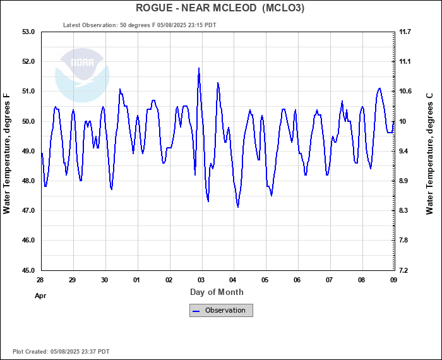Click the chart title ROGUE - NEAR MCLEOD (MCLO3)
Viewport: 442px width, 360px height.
[x=220, y=8]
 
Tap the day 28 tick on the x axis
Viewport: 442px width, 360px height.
[x=40, y=280]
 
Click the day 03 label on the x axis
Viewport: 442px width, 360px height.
[x=201, y=280]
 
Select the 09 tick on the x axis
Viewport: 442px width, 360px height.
[x=393, y=280]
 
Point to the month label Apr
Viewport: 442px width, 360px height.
[x=40, y=295]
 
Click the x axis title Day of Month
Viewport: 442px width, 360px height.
[x=217, y=292]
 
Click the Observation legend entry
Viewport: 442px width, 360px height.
[x=221, y=310]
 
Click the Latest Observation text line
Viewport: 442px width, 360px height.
[x=140, y=25]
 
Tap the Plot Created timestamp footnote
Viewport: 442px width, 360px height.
[x=61, y=351]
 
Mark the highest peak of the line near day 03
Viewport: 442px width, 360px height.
[x=199, y=68]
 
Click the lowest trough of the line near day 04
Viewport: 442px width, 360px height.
[x=237, y=207]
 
